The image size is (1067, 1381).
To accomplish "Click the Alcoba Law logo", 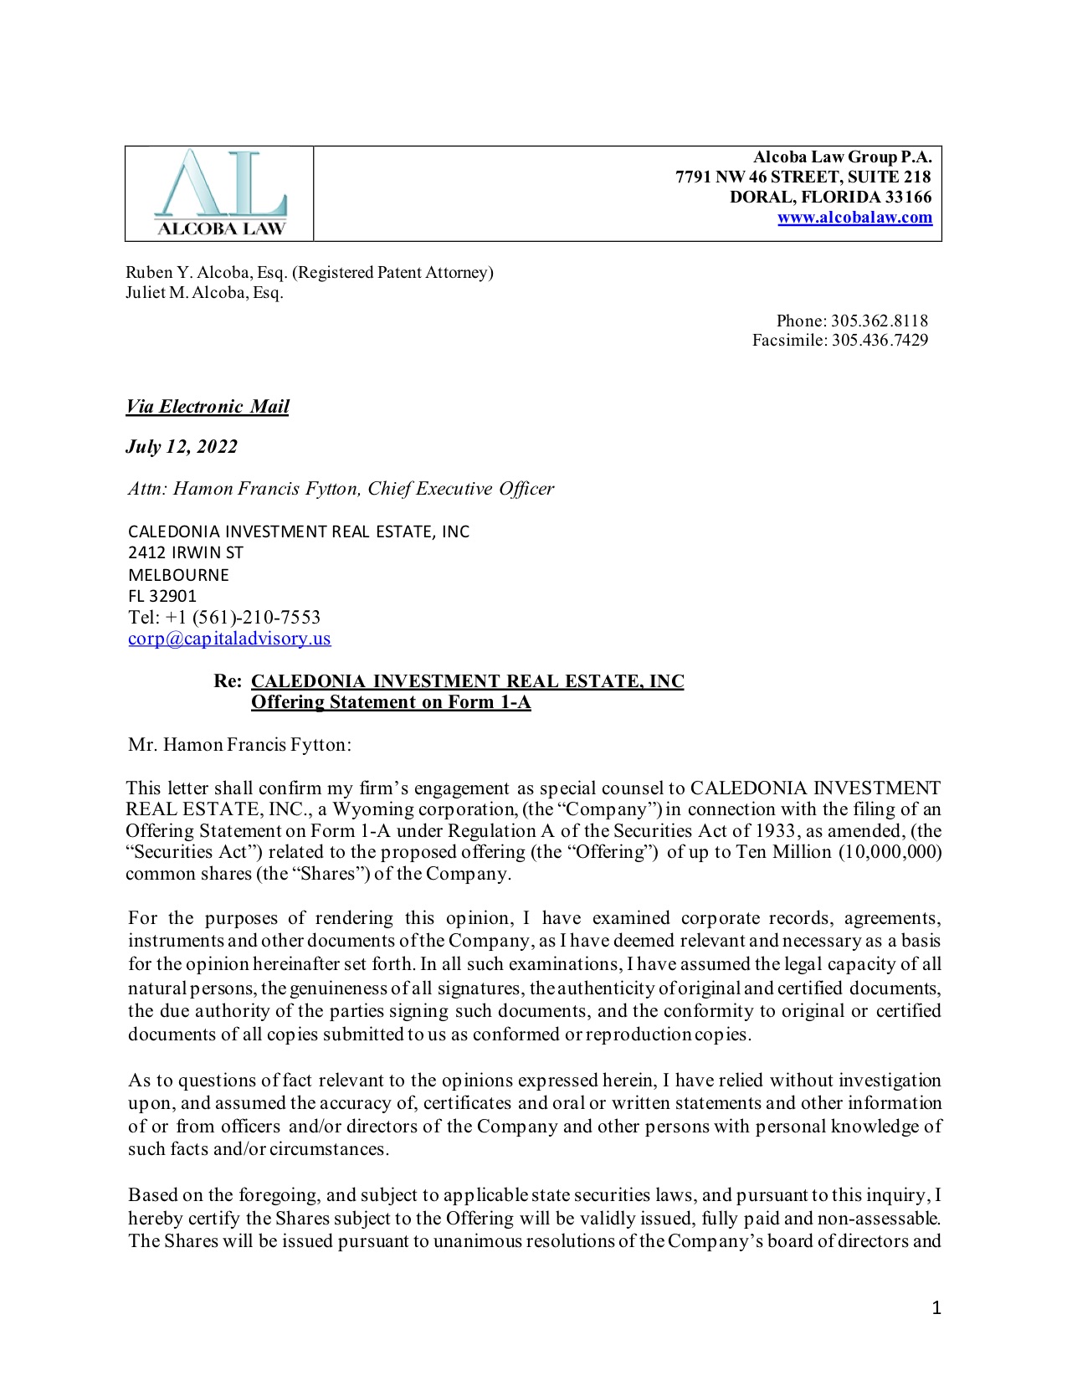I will pos(220,193).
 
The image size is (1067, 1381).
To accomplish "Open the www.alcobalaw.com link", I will pos(854,218).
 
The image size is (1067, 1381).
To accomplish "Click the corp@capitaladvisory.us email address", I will pos(229,639).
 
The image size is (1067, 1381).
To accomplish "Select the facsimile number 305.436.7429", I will pos(880,340).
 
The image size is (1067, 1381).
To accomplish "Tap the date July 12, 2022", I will pos(182,447).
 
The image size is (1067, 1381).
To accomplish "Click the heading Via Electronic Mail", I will pos(208,407).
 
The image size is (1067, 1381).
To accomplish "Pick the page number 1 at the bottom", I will pos(936,1308).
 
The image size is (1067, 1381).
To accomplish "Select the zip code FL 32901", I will pos(162,596).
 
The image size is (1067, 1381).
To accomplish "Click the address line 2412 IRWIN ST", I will pos(186,552).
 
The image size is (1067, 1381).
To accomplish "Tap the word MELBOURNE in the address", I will pos(178,575).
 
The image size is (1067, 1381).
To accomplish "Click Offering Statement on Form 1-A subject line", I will pos(391,702).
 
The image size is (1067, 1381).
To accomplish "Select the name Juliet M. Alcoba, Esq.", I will pos(204,293).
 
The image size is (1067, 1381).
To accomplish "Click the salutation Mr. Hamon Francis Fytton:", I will pos(239,745).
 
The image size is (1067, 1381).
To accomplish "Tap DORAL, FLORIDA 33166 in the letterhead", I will pos(830,198).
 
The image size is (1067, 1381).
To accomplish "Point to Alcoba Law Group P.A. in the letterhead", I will pos(842,157).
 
